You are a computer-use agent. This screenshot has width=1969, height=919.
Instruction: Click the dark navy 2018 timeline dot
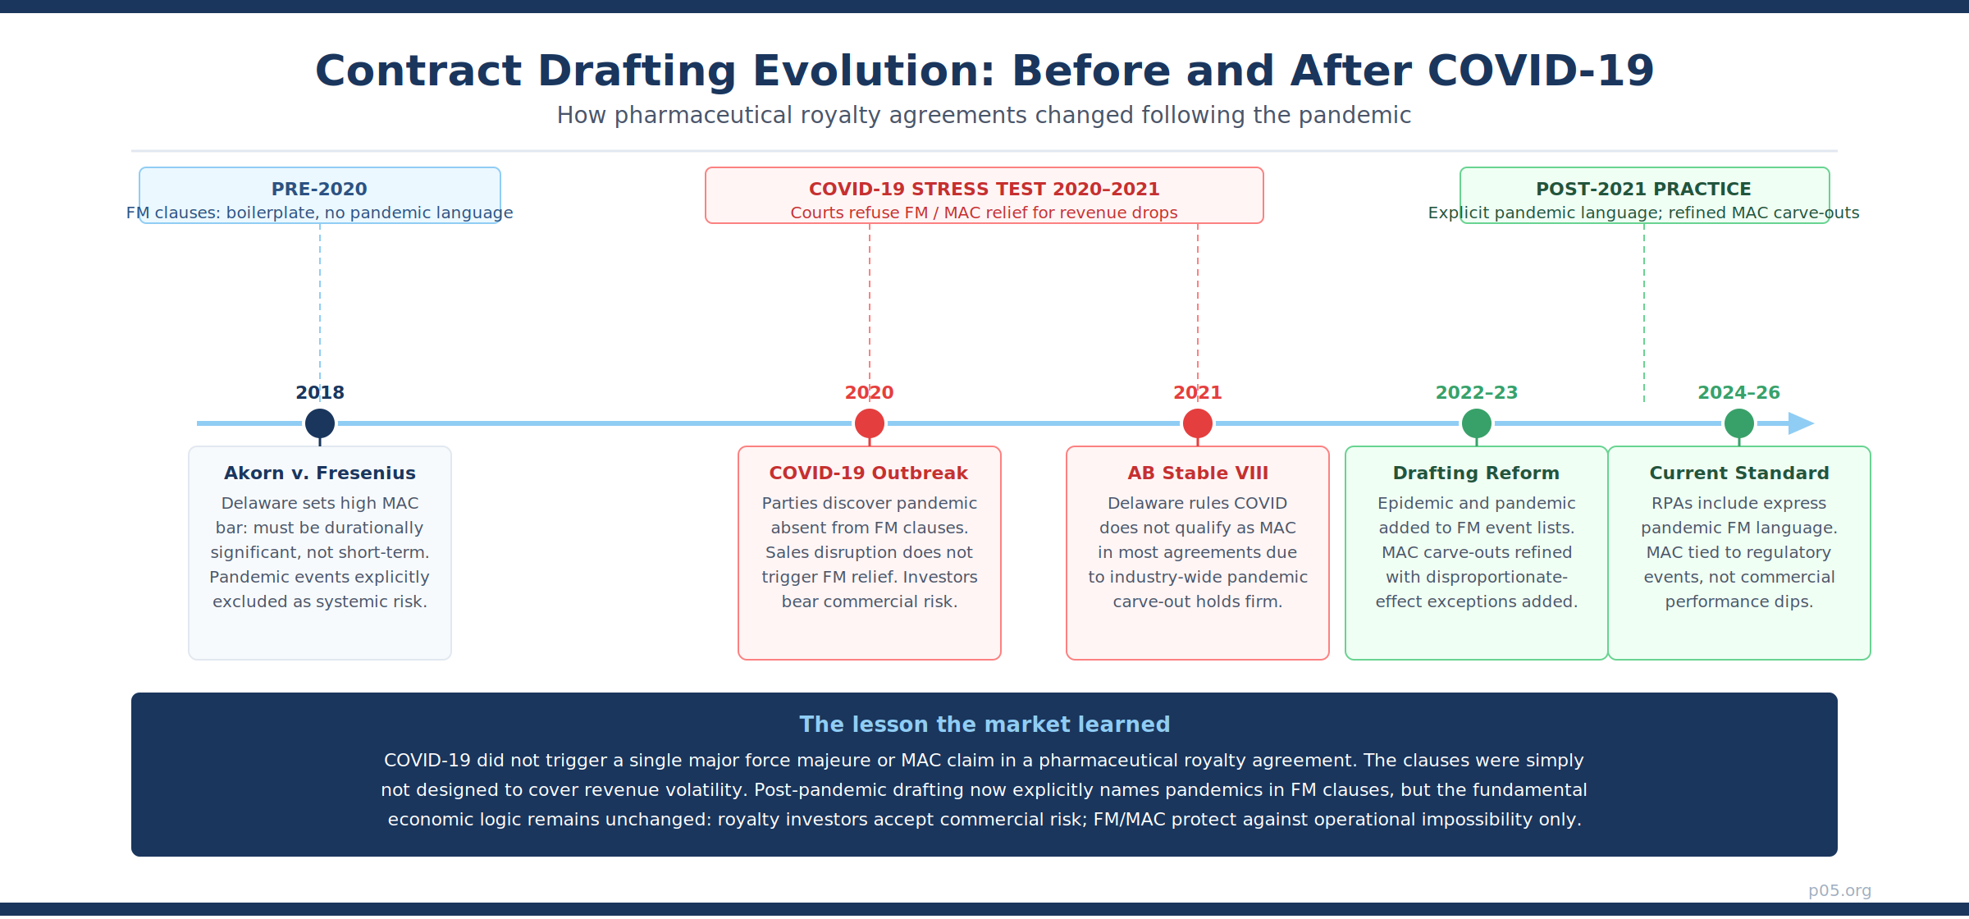click(320, 423)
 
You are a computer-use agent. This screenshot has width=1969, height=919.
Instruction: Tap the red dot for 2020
click(870, 423)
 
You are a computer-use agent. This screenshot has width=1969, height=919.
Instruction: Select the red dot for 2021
click(1198, 423)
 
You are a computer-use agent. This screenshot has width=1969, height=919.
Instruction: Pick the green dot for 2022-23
click(1477, 423)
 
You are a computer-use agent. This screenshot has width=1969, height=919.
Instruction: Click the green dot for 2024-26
click(1739, 423)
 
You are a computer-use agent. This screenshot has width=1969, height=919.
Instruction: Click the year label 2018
click(320, 393)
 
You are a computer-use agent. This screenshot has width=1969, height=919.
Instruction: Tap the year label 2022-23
click(1477, 393)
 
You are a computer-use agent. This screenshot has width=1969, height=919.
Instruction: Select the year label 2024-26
click(1739, 393)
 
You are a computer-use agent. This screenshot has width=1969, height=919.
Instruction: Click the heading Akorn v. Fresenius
click(320, 473)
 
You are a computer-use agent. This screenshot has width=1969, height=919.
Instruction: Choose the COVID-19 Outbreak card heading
click(869, 473)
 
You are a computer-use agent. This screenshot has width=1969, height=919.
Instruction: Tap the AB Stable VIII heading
click(1198, 473)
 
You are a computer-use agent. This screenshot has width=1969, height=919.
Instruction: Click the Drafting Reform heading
click(1477, 473)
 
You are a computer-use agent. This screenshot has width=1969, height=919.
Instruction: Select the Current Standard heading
click(1739, 473)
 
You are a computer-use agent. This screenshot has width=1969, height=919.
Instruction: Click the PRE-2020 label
click(319, 189)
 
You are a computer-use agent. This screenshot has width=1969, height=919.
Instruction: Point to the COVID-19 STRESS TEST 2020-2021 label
click(984, 189)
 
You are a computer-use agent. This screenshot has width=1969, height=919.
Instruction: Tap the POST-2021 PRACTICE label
click(1644, 189)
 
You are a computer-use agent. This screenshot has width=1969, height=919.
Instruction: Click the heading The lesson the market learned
click(984, 725)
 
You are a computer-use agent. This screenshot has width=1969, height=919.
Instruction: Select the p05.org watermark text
click(1840, 891)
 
